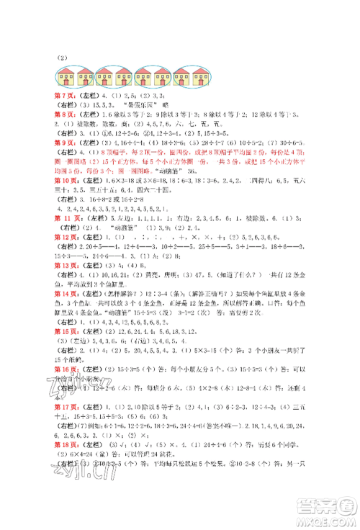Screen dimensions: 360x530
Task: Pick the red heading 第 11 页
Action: click(x=71, y=215)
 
